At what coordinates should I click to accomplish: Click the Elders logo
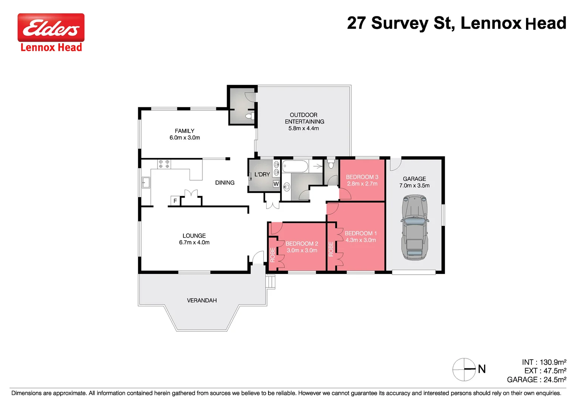coord(51,28)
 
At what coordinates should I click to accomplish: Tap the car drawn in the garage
coord(415,227)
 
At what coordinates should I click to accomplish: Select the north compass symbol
coord(464,369)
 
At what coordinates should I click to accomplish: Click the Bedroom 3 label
coord(362,177)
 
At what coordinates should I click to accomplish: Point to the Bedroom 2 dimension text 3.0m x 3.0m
coord(302,250)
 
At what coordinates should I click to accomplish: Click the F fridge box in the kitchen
coord(175,201)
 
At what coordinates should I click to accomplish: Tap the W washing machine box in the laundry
coord(276,184)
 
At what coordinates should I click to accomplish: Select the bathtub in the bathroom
coord(295,166)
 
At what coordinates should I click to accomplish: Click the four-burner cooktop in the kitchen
coord(164,164)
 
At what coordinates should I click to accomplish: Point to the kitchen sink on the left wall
coord(146,182)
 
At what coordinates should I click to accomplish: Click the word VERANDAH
coord(202,300)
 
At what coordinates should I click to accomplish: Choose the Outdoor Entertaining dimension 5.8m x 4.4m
coord(304,128)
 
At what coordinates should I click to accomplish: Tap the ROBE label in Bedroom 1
coord(331,249)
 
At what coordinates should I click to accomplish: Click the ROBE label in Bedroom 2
coord(273,255)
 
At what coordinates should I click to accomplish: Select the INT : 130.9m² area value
coord(544,362)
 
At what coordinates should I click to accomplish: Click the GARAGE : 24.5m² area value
coord(536,380)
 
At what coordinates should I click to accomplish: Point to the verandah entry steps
coord(270,282)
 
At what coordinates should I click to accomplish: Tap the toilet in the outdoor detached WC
coord(249,116)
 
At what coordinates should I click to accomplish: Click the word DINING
coord(225,182)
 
